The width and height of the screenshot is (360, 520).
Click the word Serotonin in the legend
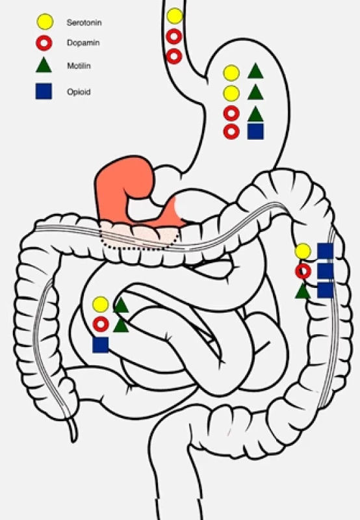pos(84,23)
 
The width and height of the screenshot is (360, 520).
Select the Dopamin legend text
pos(83,43)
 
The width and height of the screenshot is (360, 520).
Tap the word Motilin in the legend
pos(79,66)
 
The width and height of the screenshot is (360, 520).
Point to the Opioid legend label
pos(79,92)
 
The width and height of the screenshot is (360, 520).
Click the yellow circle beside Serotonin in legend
pos(45,22)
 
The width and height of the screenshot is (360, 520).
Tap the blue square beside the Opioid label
pos(44,91)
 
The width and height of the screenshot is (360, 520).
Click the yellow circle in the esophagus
pos(174,16)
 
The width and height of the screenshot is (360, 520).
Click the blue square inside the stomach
pos(255,131)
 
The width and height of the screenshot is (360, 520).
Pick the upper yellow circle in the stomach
pos(231,73)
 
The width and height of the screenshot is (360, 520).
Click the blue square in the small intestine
pos(101,345)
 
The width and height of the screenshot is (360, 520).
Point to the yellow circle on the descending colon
pos(303,252)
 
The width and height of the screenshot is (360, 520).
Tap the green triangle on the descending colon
pos(303,292)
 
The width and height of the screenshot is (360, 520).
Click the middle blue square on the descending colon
pos(325,271)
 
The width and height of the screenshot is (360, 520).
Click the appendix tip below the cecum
pos(73,441)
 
